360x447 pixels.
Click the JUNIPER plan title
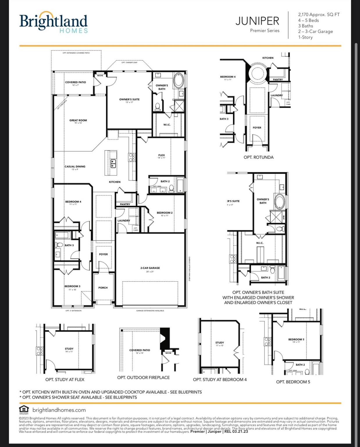pyautogui.click(x=257, y=21)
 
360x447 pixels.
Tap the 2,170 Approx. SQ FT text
pyautogui.click(x=319, y=15)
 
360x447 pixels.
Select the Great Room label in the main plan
pyautogui.click(x=78, y=120)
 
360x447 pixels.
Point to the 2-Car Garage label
pyautogui.click(x=150, y=268)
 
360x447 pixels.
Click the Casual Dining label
pyautogui.click(x=75, y=167)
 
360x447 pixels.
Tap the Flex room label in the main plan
pyautogui.click(x=161, y=155)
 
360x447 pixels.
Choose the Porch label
pyautogui.click(x=103, y=288)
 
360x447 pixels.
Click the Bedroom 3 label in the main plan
pyautogui.click(x=72, y=286)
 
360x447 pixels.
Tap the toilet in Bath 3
pyautogui.click(x=59, y=245)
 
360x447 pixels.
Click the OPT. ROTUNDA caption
pyautogui.click(x=259, y=157)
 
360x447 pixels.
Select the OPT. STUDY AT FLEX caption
pyautogui.click(x=65, y=379)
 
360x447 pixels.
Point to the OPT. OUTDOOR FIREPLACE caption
pyautogui.click(x=143, y=377)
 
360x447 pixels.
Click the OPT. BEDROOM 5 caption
pyautogui.click(x=293, y=382)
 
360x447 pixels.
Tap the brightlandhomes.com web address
pyautogui.click(x=59, y=410)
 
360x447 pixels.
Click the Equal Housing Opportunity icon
pyautogui.click(x=24, y=409)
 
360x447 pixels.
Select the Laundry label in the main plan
pyautogui.click(x=124, y=221)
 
